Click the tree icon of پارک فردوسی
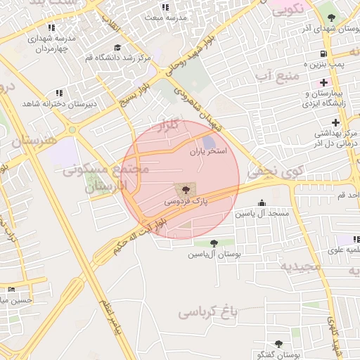click(185, 190)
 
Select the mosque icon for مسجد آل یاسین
click(263, 202)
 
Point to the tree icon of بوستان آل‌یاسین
click(213, 243)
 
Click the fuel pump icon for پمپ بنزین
click(323, 53)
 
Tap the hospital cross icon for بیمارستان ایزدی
click(322, 83)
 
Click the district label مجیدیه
click(300, 266)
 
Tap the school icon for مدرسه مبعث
click(166, 7)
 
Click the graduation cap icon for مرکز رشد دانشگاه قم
click(117, 48)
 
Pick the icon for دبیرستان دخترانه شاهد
click(59, 92)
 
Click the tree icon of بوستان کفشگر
click(278, 344)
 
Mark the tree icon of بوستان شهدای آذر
click(332, 18)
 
